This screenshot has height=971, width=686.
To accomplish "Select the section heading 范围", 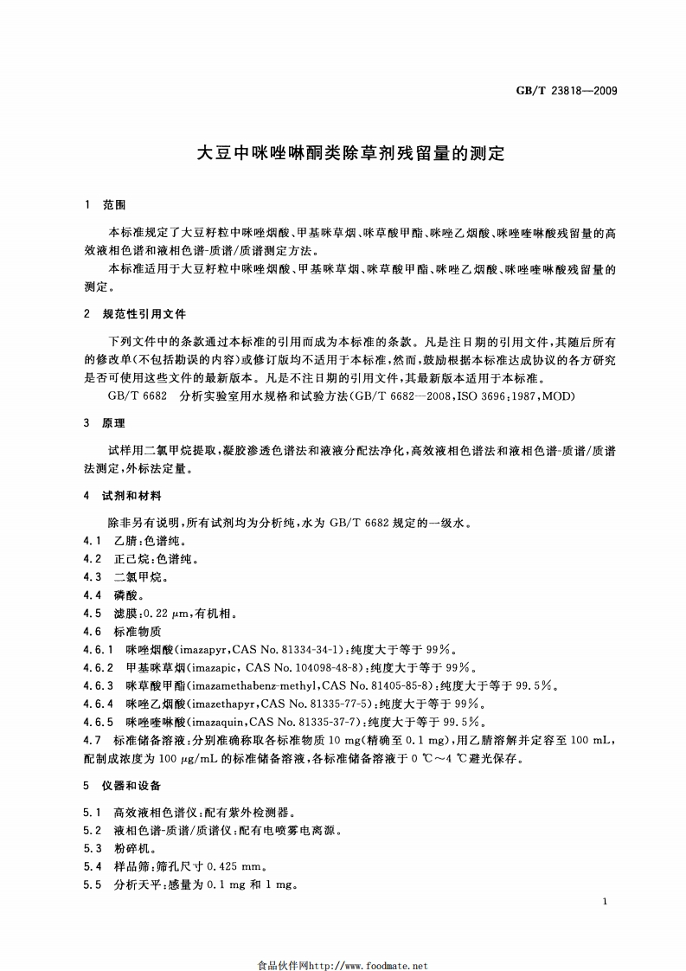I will tap(114, 206).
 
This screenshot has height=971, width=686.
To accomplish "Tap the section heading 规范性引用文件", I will tap(144, 314).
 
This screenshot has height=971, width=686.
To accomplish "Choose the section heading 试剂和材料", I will tap(131, 496).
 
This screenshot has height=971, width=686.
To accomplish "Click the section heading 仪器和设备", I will tap(131, 786).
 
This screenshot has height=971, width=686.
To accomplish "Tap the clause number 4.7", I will tap(93, 740).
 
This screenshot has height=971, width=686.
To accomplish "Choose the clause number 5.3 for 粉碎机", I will tap(93, 848).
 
